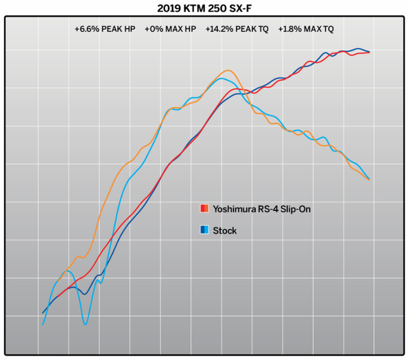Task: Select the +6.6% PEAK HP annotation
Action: coord(105,29)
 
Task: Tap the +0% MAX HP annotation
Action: coord(170,29)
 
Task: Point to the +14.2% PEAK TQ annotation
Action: coord(237,29)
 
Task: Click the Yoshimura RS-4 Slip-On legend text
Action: coord(262,209)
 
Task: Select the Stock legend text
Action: coord(225,230)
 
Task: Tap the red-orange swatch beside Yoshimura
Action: coord(204,209)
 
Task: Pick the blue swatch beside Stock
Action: coord(204,230)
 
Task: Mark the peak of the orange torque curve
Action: coord(228,71)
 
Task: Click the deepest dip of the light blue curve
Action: coord(85,324)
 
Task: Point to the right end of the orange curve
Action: coord(370,180)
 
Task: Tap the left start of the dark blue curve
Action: coord(43,313)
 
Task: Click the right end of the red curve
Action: coord(370,52)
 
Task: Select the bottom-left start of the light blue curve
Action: coord(43,325)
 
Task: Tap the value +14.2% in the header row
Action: coord(219,29)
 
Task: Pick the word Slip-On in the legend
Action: coord(295,209)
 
